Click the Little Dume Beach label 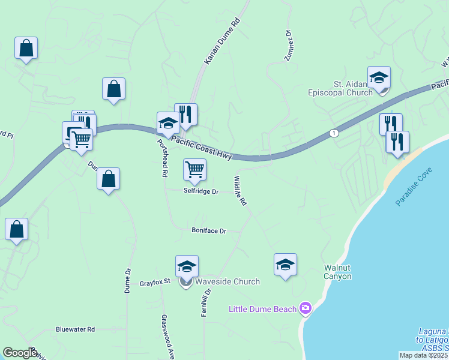click(x=262, y=309)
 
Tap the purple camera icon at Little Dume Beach click(x=306, y=308)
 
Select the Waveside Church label click(x=228, y=281)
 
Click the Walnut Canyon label click(x=337, y=272)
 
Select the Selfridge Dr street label click(x=201, y=191)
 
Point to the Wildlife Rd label click(x=240, y=191)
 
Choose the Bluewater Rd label click(x=75, y=329)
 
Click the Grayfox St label click(x=155, y=281)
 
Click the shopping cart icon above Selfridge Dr click(x=194, y=170)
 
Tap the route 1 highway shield click(x=332, y=133)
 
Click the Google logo click(x=20, y=353)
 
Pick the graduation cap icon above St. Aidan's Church click(x=379, y=78)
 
